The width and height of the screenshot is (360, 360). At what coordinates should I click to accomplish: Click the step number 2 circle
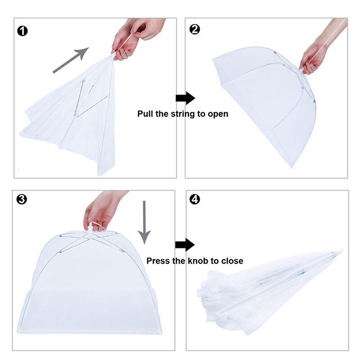click(x=195, y=30)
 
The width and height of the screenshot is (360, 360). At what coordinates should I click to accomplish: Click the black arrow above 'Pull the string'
click(x=184, y=98)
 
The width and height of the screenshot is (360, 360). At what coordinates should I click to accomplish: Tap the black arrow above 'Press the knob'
click(x=184, y=245)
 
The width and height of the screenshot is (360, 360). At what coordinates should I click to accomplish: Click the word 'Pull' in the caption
click(x=145, y=114)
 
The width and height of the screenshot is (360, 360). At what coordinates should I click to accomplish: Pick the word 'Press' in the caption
click(x=158, y=261)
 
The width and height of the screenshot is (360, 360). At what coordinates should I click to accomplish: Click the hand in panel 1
click(x=130, y=38)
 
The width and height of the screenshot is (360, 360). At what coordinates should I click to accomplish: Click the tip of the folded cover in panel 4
click(x=341, y=251)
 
